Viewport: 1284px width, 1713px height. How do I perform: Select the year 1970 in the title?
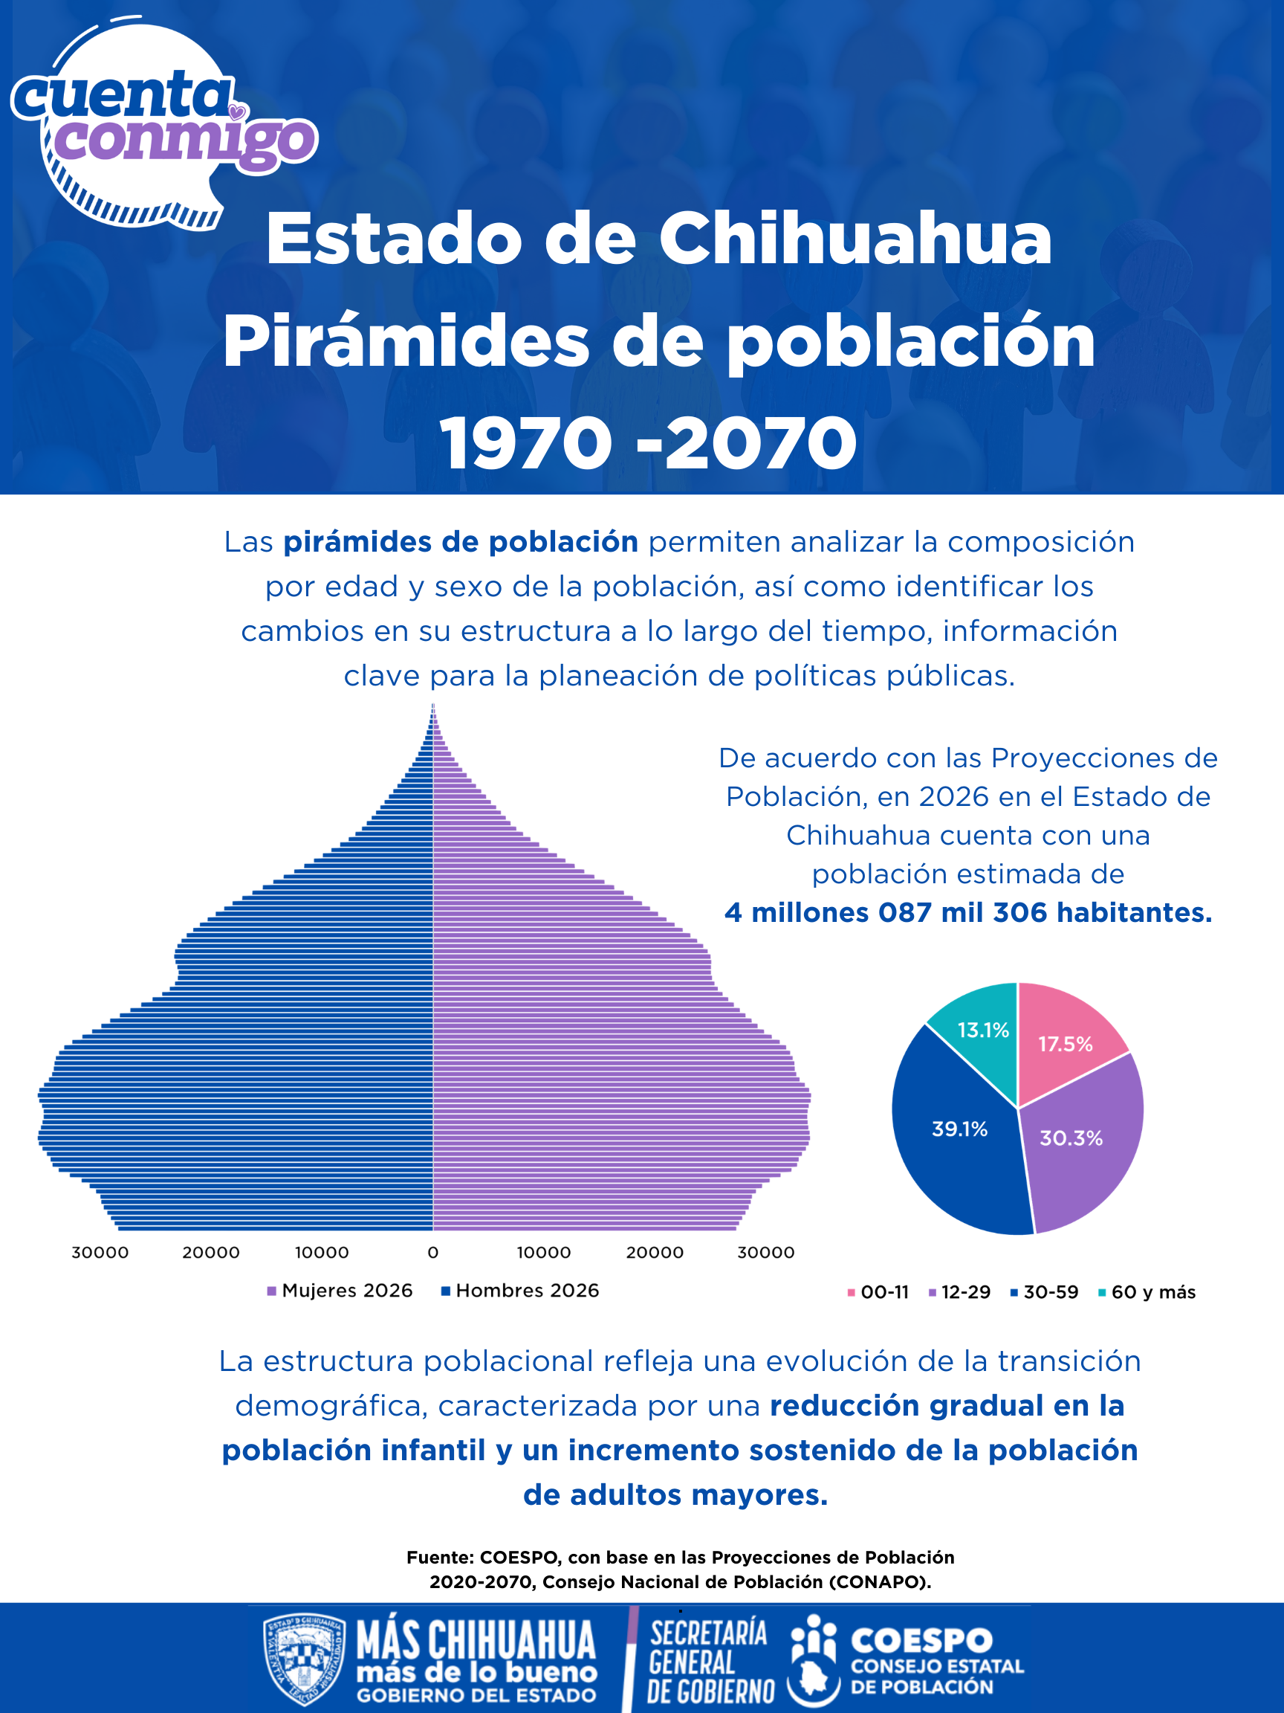pos(526,443)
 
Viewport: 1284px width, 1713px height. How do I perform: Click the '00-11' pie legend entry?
pos(878,1291)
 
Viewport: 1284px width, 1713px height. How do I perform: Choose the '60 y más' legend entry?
pos(1147,1291)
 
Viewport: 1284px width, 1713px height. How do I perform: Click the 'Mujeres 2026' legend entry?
pos(340,1290)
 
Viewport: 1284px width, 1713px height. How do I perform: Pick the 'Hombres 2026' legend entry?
pos(520,1290)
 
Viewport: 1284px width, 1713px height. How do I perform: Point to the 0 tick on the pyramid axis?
pos(432,1252)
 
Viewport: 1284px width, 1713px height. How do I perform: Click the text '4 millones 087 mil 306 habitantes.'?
pos(967,912)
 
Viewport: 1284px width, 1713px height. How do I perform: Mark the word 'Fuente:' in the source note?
pos(440,1558)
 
